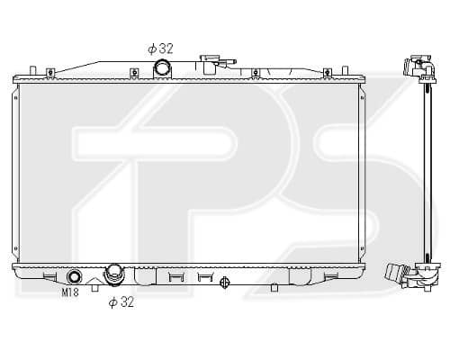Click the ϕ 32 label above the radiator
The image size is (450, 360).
point(160,49)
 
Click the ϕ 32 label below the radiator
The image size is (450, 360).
point(121,302)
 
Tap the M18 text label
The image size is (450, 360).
point(70,292)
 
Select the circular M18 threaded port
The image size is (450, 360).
point(74,276)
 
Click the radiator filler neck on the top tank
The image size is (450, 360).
point(209,64)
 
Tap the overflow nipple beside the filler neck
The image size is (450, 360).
point(229,62)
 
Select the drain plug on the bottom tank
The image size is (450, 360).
point(225,283)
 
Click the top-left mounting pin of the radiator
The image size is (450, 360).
point(33,71)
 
